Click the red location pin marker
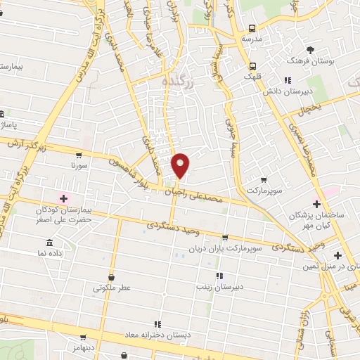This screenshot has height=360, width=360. point(181,165)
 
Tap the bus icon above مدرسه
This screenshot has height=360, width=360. point(251,29)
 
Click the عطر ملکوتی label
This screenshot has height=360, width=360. point(112,288)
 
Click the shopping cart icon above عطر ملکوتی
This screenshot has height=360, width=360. point(112,276)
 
